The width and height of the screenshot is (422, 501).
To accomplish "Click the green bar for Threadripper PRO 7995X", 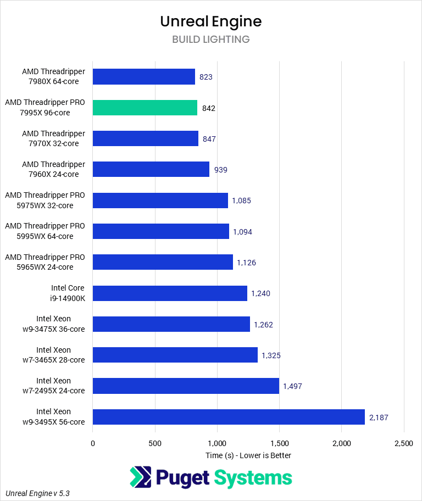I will pos(145,108).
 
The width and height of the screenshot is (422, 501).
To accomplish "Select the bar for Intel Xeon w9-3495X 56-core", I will pos(229,417).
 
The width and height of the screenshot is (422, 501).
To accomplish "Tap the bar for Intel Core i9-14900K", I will pos(170,293).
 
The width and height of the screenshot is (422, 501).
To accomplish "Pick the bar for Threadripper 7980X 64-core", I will pos(144,77).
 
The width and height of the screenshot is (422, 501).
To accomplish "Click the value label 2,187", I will pos(379,417).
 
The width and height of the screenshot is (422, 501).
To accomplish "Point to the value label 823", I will pos(206,77).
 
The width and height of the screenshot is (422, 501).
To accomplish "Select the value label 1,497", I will pos(292,386).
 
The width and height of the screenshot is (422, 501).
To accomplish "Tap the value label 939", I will pos(220,170).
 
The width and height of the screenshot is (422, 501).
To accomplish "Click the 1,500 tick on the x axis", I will pos(279,443).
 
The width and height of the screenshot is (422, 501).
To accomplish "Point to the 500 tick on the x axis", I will pos(155,443).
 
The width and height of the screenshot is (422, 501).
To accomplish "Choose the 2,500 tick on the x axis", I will pos(403,443).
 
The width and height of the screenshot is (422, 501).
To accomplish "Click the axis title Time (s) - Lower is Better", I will pos(248,455).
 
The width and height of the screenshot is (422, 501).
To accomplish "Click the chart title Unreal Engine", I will pos(211,21).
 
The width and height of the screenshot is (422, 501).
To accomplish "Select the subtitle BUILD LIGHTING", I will pos(211,40).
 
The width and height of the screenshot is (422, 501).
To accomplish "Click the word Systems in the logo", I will pos(253,477).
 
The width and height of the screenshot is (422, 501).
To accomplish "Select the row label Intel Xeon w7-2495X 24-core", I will pos(60,386).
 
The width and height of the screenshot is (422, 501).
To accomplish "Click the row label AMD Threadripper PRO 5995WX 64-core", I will pos(45,231).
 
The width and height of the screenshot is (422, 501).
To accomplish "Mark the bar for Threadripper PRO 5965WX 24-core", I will pos(163,263).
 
